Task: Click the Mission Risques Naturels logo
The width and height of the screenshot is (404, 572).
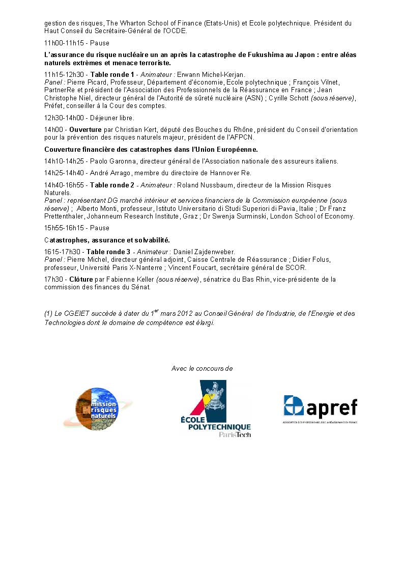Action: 91,408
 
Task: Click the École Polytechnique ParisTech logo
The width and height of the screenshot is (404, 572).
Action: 216,409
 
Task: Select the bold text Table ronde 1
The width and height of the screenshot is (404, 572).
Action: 112,74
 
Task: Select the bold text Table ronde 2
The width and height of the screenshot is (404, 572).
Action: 112,185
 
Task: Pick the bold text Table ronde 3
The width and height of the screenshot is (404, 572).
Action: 108,252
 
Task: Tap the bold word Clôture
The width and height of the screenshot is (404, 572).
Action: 81,279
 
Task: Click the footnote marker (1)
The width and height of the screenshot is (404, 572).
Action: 49,314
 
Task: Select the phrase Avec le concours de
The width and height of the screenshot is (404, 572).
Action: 202,368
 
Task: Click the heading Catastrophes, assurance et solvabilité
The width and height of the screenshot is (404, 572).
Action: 107,240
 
